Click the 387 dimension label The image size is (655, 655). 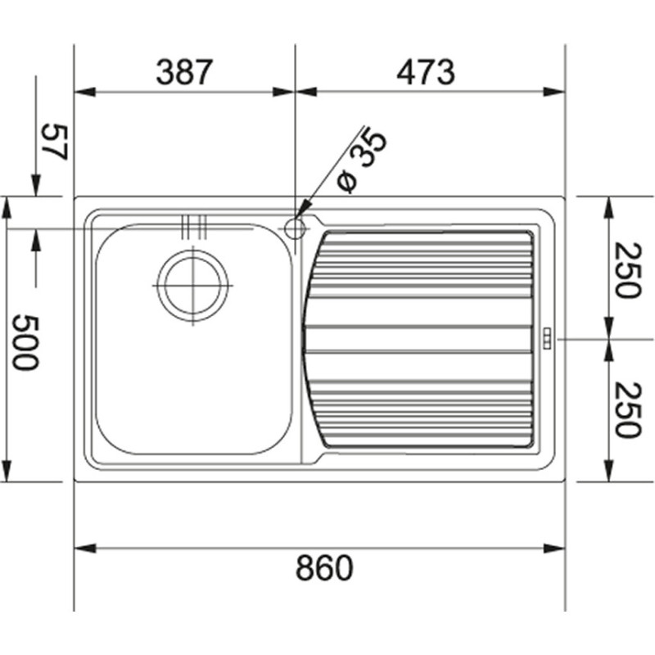coord(184,73)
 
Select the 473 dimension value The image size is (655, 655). coord(425,73)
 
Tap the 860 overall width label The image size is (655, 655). coord(323,567)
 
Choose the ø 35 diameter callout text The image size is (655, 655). coord(361,160)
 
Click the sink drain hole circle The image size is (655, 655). coord(193,286)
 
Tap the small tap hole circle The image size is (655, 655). coord(295,227)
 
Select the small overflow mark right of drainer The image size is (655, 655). coord(546,338)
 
